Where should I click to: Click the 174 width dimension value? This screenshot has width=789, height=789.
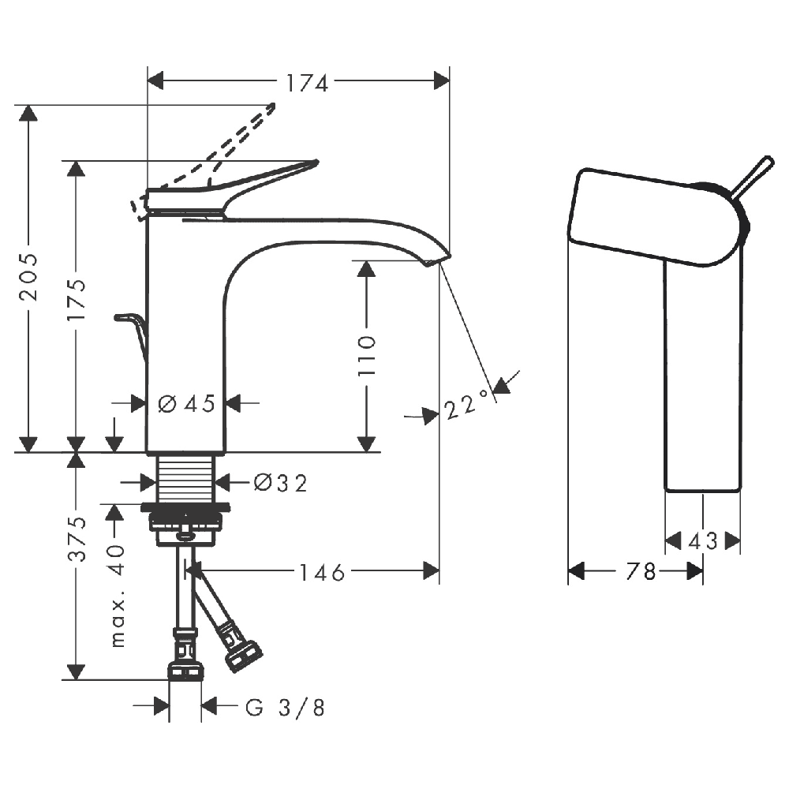[x=307, y=83]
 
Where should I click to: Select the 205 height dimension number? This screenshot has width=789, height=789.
[x=28, y=277]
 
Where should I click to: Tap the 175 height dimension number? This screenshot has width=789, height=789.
[x=77, y=299]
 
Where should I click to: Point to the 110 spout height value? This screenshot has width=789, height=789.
[x=367, y=355]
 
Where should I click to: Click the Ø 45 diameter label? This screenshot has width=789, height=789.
[x=187, y=403]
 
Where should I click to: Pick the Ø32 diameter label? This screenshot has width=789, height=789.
[x=280, y=483]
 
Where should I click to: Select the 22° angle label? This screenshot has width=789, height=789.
[x=466, y=403]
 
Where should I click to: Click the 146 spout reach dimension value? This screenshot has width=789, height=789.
[x=322, y=573]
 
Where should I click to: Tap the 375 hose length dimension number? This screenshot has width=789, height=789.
[x=77, y=539]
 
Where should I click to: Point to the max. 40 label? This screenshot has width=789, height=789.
[x=116, y=595]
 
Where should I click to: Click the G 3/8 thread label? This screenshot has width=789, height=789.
[x=286, y=708]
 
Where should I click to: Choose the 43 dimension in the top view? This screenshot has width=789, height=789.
[x=702, y=541]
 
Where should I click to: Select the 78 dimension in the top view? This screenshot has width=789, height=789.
[x=641, y=571]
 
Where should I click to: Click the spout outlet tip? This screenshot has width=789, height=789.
[x=439, y=259]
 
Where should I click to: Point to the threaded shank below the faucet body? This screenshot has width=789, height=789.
[x=185, y=479]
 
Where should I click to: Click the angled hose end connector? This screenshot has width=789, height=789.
[x=244, y=653]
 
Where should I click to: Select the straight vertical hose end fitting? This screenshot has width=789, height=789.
[x=185, y=654]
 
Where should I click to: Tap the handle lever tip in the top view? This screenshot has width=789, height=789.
[x=768, y=160]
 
